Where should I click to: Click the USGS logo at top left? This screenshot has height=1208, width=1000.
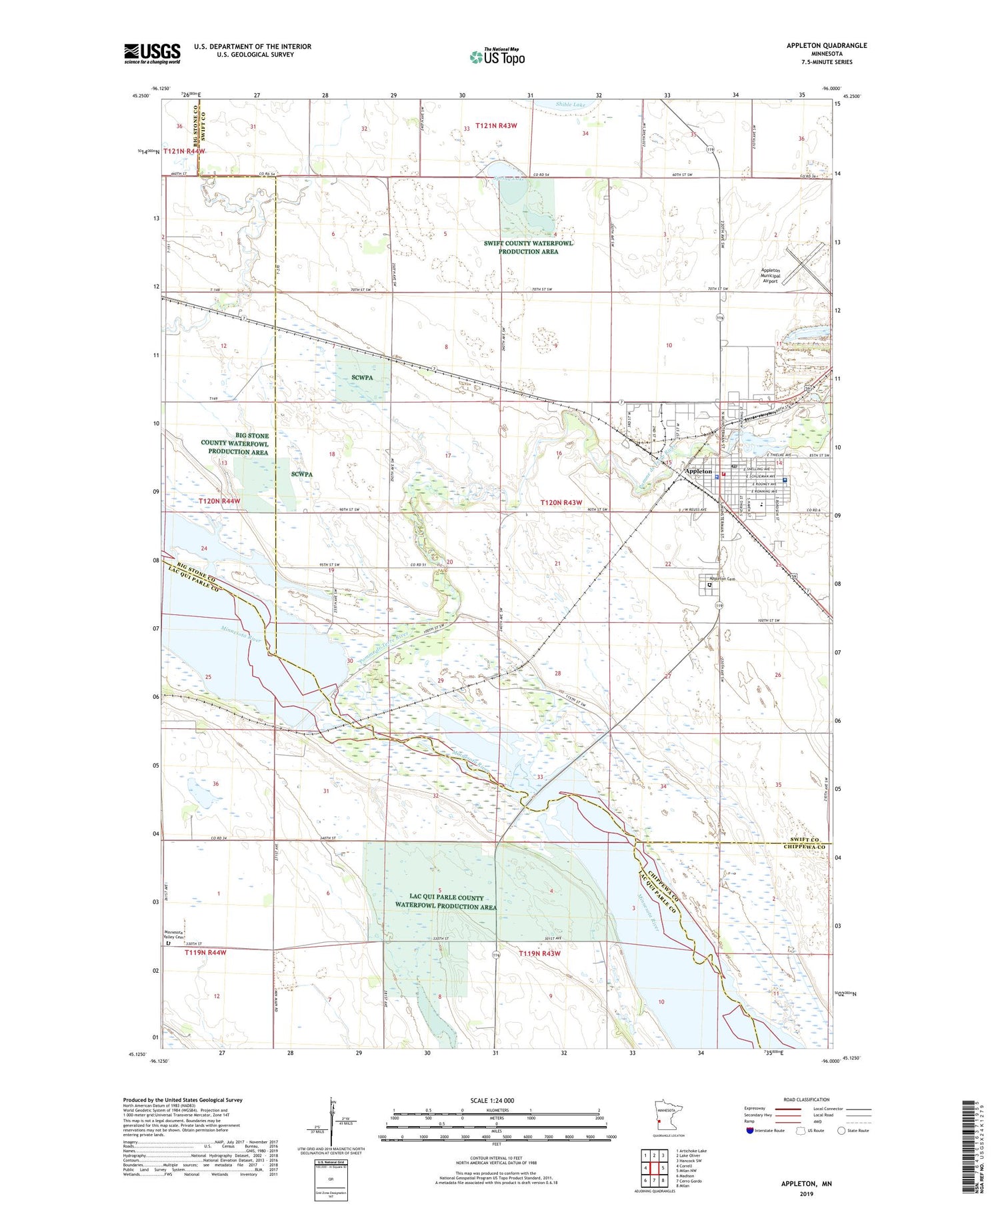[152, 53]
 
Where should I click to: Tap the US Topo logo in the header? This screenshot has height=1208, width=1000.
[497, 57]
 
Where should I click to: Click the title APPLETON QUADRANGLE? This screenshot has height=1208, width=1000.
[827, 45]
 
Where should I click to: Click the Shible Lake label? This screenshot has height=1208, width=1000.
[570, 105]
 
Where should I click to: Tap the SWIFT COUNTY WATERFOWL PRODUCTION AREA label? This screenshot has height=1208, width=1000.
[528, 247]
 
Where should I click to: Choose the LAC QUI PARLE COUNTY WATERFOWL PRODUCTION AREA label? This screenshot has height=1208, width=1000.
[445, 902]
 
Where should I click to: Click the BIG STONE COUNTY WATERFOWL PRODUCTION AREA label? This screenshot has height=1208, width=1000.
[237, 444]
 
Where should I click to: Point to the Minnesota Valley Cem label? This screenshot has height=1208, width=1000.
[174, 935]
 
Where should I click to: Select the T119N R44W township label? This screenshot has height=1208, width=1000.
[205, 953]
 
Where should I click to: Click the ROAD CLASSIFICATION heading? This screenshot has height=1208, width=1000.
[807, 1099]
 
